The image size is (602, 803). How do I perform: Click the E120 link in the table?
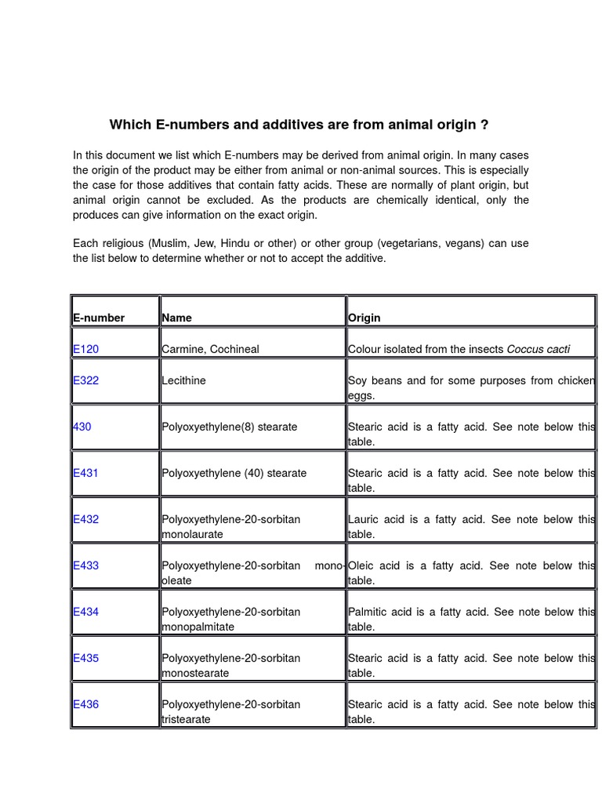[85, 349]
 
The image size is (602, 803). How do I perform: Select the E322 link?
[85, 380]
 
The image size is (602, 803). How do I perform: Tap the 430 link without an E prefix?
[82, 427]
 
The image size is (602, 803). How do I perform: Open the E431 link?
[85, 473]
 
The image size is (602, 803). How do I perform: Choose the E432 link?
[85, 519]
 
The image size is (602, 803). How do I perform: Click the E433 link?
[85, 565]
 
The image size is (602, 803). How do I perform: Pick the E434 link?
[85, 612]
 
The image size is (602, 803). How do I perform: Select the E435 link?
[85, 658]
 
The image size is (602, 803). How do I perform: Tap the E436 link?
[85, 704]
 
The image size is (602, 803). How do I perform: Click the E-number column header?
[99, 318]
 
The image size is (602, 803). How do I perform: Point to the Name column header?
[176, 318]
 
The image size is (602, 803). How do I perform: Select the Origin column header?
[364, 318]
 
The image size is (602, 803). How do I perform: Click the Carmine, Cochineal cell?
[210, 349]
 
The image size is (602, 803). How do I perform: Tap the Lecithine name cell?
[185, 380]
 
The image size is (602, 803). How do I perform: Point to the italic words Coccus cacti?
[539, 349]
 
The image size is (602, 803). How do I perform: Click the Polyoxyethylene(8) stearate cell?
[230, 427]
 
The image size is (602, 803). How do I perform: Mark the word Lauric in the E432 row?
[364, 519]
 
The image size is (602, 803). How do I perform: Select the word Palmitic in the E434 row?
[369, 612]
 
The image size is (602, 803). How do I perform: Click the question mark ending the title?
[484, 125]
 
